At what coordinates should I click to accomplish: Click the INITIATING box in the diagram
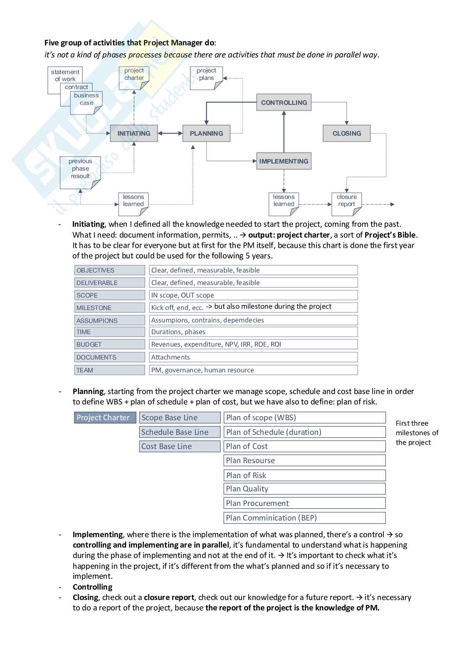[134, 134]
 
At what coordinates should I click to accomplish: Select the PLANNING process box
[206, 134]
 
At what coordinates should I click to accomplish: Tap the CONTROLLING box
[284, 102]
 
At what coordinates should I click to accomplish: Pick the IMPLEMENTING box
[284, 161]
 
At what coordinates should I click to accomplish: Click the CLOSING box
[347, 134]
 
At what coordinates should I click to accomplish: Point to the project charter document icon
[134, 78]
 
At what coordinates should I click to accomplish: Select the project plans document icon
[206, 78]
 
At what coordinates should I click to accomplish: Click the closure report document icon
[347, 204]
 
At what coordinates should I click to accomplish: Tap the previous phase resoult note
[80, 172]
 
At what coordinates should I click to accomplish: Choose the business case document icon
[86, 102]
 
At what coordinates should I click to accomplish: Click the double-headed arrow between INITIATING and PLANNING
[170, 134]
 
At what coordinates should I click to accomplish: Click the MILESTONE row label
[110, 308]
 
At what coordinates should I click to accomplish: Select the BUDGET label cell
[110, 345]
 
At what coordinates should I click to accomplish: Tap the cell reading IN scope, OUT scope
[253, 295]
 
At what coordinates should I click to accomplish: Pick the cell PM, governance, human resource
[253, 370]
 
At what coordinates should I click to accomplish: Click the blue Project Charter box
[103, 418]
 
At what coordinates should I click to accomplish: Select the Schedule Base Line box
[180, 432]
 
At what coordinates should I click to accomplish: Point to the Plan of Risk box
[304, 475]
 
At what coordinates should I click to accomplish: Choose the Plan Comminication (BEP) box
[304, 518]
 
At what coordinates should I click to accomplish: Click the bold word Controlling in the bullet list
[92, 587]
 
